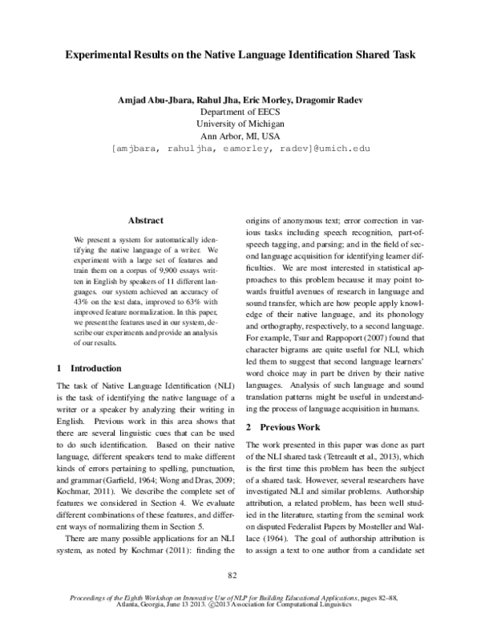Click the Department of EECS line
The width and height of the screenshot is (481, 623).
click(x=240, y=112)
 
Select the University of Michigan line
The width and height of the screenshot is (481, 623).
click(x=240, y=124)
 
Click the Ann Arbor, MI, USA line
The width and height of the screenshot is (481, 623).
click(x=240, y=136)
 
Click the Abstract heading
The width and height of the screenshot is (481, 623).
click(x=145, y=220)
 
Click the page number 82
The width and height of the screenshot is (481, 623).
click(x=233, y=574)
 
